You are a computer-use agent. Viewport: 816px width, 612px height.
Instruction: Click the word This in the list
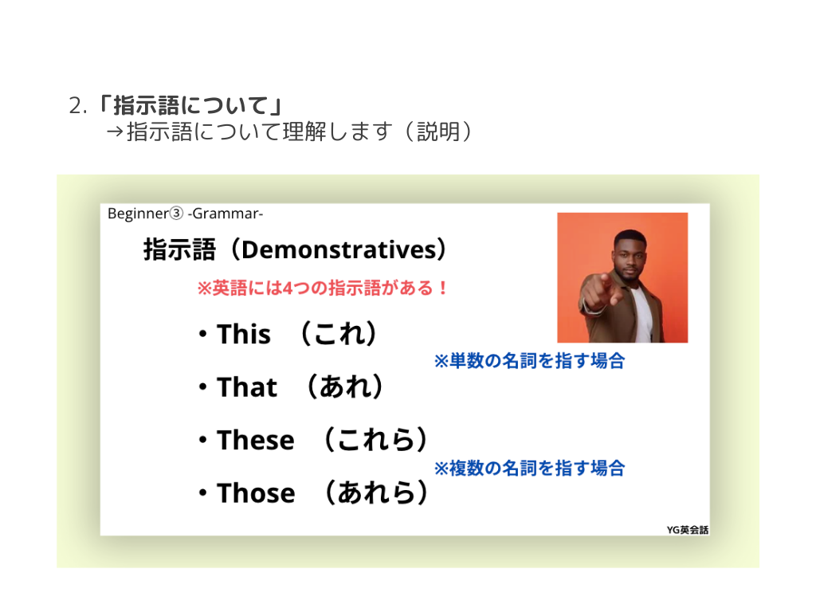pyautogui.click(x=244, y=334)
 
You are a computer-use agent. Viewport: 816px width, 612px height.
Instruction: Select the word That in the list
pyautogui.click(x=247, y=387)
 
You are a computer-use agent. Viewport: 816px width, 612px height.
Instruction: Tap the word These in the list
pyautogui.click(x=256, y=440)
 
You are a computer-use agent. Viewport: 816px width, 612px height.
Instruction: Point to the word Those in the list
pyautogui.click(x=256, y=493)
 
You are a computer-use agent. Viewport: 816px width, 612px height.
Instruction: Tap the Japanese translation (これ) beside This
pyautogui.click(x=339, y=334)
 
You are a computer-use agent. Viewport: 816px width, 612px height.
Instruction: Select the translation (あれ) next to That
pyautogui.click(x=345, y=386)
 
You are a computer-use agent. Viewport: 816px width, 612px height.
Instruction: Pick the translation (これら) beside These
pyautogui.click(x=375, y=440)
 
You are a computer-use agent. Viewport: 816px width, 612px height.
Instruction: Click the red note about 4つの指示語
pyautogui.click(x=322, y=288)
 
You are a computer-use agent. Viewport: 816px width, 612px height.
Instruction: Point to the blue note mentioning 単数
pyautogui.click(x=529, y=361)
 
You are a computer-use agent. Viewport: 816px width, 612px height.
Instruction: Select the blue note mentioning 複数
pyautogui.click(x=529, y=468)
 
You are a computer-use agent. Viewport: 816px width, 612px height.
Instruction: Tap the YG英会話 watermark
pyautogui.click(x=688, y=530)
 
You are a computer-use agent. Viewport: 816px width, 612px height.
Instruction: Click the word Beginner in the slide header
pyautogui.click(x=139, y=214)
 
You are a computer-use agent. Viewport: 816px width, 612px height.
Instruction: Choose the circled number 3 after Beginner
pyautogui.click(x=177, y=214)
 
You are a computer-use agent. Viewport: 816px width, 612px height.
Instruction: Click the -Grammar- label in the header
pyautogui.click(x=226, y=214)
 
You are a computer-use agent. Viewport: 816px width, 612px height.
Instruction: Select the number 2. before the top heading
pyautogui.click(x=77, y=106)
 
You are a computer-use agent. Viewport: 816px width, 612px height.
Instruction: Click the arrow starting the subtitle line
pyautogui.click(x=115, y=131)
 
